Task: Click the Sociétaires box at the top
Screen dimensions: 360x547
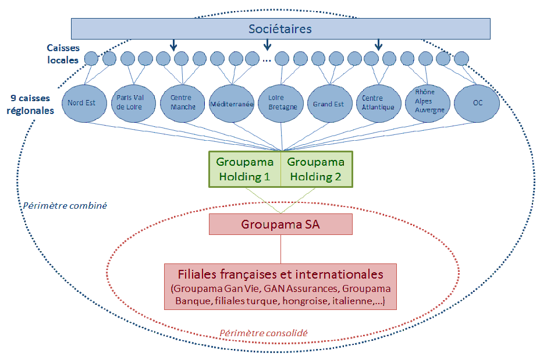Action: coord(280,28)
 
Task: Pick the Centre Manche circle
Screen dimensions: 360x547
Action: coord(182,104)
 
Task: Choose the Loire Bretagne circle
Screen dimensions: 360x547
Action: coord(282,104)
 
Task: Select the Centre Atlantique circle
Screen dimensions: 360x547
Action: coord(378,104)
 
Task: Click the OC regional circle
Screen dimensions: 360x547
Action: coord(477,104)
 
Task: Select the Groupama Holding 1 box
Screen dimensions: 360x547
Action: coord(244,169)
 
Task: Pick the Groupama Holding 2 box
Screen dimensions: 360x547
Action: coord(317,169)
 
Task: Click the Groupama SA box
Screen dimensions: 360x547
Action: coord(280,224)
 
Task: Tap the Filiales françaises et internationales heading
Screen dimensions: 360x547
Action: coord(280,274)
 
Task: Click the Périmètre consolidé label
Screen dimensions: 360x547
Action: coord(263,333)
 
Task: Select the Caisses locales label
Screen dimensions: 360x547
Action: coord(63,54)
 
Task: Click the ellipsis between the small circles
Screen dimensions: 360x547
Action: coord(267,59)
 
